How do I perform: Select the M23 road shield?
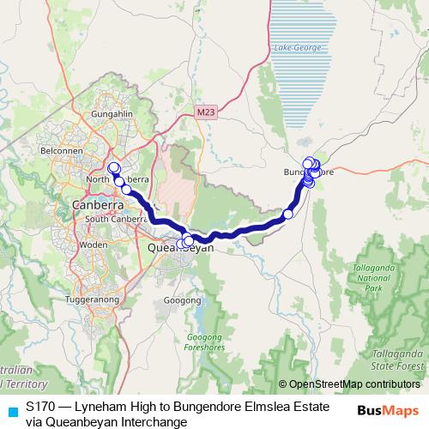tap(204, 112)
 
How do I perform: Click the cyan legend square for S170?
tap(11, 410)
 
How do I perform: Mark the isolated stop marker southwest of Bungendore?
tap(288, 214)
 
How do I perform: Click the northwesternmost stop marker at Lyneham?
tap(113, 167)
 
